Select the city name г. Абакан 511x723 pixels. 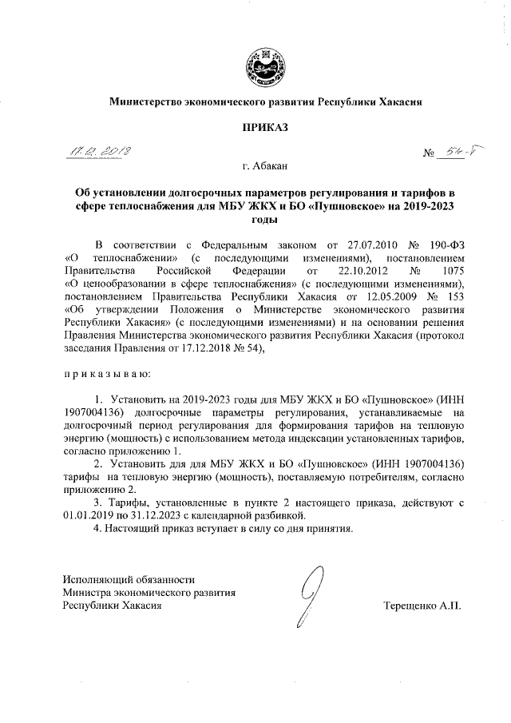pyautogui.click(x=255, y=165)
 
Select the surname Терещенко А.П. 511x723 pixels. pyautogui.click(x=422, y=606)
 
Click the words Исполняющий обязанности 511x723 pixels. pyautogui.click(x=129, y=578)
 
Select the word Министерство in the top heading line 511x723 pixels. pyautogui.click(x=141, y=101)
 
